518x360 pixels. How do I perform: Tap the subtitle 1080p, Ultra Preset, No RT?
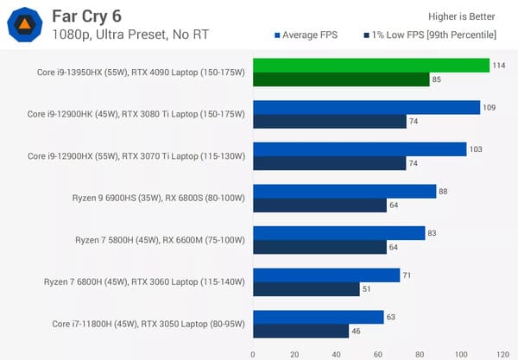point(129,35)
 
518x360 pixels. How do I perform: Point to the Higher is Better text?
point(463,16)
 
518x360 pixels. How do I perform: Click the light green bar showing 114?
point(371,66)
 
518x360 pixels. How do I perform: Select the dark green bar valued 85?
point(341,80)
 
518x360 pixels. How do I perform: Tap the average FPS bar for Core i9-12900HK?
point(366,108)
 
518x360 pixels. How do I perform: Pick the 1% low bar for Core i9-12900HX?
point(330,164)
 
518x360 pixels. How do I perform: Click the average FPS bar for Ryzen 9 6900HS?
point(344,192)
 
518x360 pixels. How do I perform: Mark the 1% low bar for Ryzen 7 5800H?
point(319,248)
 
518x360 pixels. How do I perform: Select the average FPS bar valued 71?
point(326,275)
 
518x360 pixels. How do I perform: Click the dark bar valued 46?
point(300,332)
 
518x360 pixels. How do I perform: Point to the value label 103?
point(476,149)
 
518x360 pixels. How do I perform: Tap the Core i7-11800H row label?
point(148,324)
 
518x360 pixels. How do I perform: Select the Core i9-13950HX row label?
point(136,73)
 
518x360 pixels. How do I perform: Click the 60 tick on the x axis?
point(377,353)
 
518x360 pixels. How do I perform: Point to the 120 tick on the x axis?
point(502,353)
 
